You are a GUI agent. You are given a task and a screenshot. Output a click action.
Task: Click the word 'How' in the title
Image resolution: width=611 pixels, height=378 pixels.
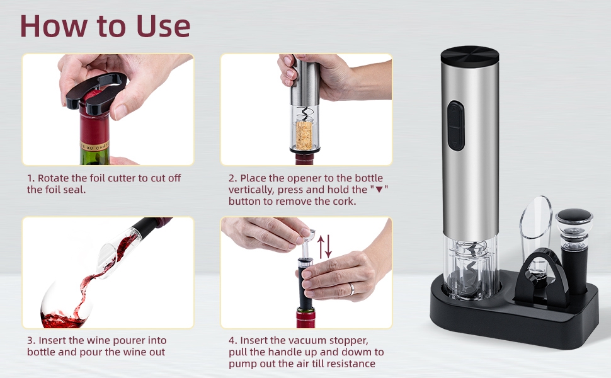(x=52, y=26)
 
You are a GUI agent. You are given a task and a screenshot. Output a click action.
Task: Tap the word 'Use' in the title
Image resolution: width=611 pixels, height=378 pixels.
(x=159, y=26)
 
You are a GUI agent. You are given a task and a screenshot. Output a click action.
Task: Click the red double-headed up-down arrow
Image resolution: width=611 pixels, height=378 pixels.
(x=324, y=246)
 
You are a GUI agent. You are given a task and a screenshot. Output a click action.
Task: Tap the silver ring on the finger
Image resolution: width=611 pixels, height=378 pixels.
(x=352, y=289)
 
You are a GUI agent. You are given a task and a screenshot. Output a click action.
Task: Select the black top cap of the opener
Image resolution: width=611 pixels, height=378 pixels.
(x=470, y=56)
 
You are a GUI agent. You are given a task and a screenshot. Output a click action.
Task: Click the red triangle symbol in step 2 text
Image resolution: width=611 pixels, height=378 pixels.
(x=379, y=190)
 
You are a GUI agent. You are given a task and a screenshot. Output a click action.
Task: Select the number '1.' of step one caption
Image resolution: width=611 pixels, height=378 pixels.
(x=31, y=178)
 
